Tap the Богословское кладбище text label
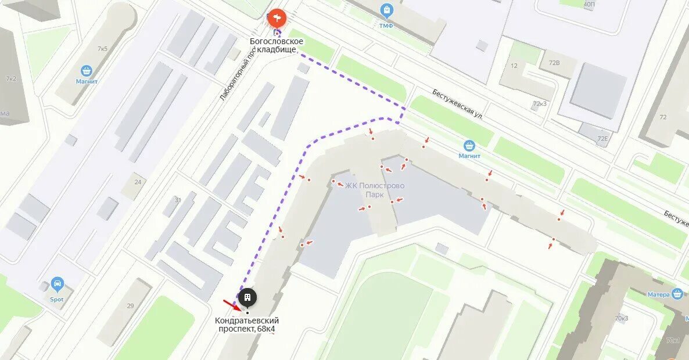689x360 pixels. coord(277,45)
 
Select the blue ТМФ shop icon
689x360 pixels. coord(386,10)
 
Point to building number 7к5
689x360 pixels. coord(102,49)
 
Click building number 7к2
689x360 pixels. coord(10,78)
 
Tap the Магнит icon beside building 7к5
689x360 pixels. coord(87,71)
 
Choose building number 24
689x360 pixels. coord(138,182)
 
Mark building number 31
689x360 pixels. coord(178,200)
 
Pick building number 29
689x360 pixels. coord(130,305)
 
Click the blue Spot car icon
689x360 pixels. coord(57,285)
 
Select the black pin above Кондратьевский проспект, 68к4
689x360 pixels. coord(247,298)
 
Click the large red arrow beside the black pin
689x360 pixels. coord(231,304)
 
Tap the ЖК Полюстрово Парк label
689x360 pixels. coord(375,190)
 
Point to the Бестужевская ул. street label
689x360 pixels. coord(457,105)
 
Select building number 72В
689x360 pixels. coord(554,63)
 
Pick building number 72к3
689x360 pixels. coord(540,104)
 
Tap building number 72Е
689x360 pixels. coord(602,138)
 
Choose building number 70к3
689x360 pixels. coord(621,318)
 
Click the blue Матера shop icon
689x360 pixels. coord(676,294)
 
